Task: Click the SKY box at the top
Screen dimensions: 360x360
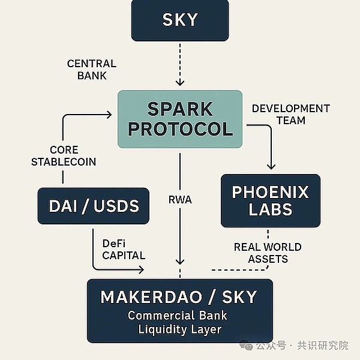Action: click(179, 20)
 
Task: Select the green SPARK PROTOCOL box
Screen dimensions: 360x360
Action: click(179, 119)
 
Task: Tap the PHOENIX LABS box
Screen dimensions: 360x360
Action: click(270, 200)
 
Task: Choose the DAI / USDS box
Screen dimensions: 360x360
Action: click(93, 206)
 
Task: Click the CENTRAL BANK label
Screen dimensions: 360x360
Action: click(92, 70)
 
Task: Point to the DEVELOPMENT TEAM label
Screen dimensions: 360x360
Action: click(290, 114)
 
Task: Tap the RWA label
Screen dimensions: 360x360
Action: click(180, 200)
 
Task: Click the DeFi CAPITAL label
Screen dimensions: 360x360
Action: click(123, 249)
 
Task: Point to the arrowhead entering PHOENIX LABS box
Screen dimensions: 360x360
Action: click(271, 166)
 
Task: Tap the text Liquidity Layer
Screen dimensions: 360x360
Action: click(179, 329)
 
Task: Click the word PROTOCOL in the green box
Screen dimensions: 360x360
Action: click(180, 129)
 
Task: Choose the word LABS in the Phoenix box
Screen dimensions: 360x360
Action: click(270, 210)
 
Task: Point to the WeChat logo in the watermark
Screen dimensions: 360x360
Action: click(245, 346)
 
